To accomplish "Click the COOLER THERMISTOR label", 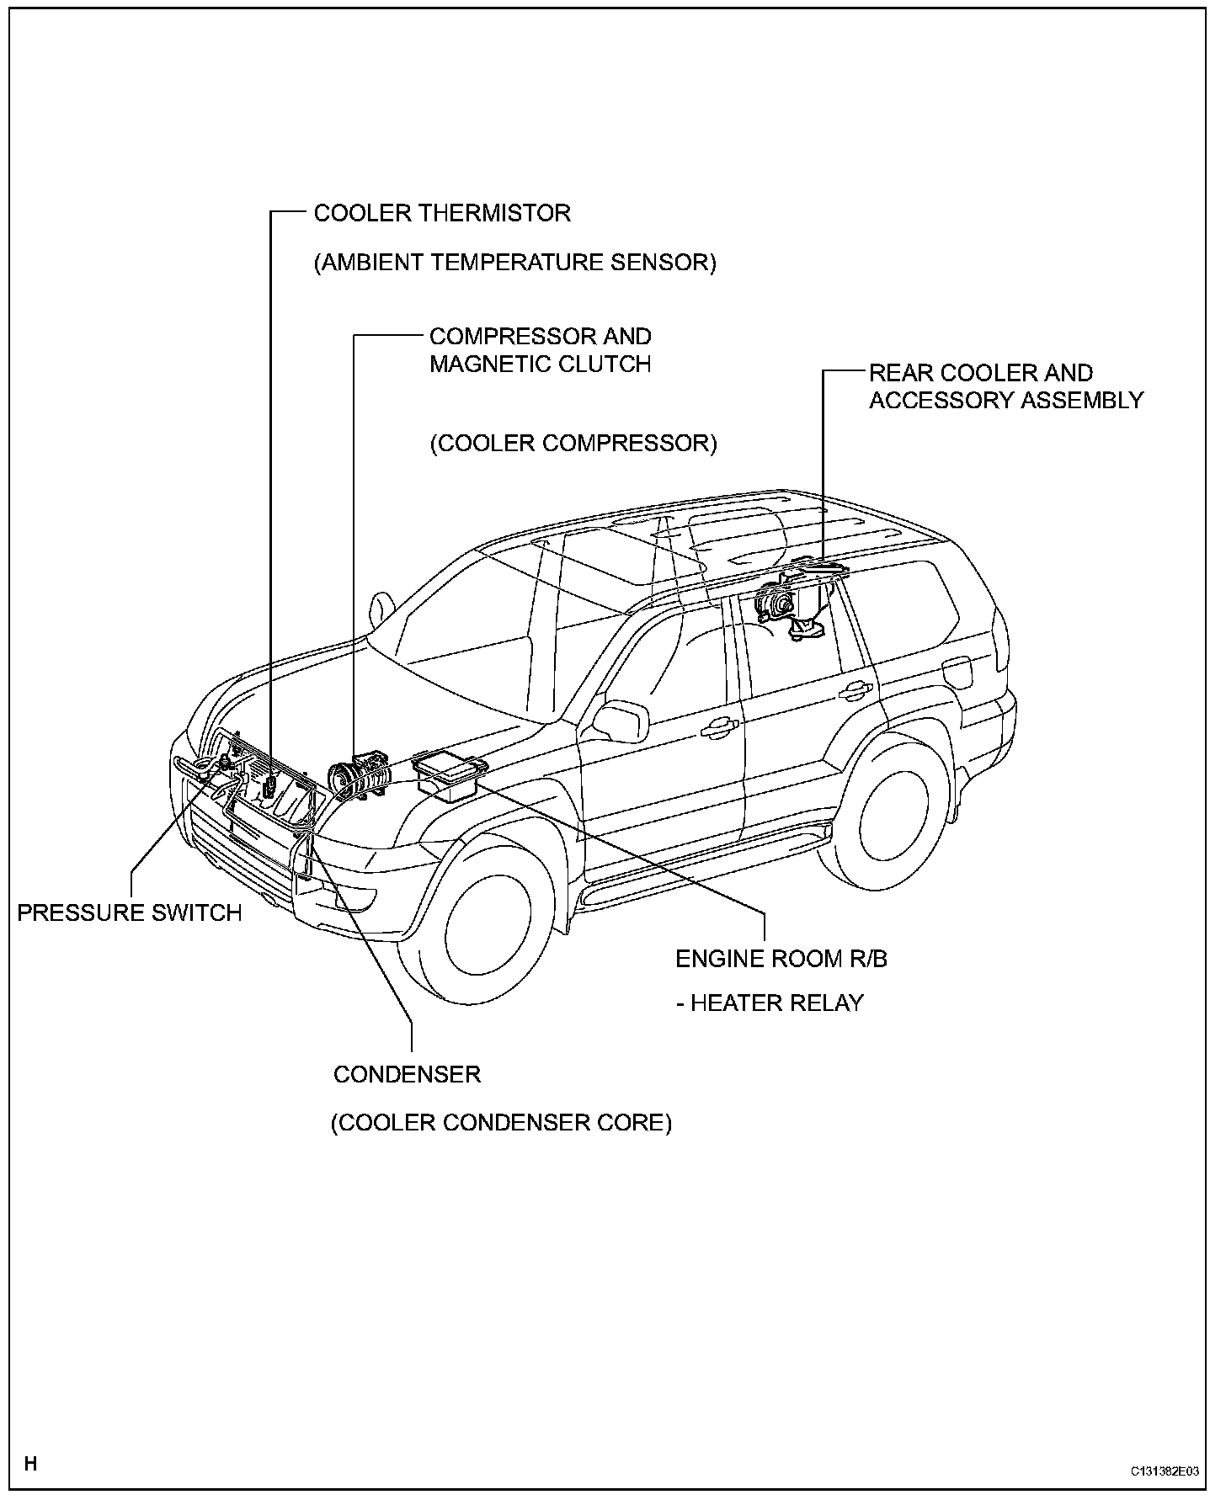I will tap(442, 213).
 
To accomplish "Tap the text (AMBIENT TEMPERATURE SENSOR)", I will tap(514, 263).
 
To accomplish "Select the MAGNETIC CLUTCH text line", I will tap(540, 364).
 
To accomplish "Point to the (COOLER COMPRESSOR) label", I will tap(573, 444).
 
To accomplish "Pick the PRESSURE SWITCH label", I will tap(130, 912).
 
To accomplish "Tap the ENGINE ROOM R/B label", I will tap(781, 959).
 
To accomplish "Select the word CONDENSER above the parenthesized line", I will tap(407, 1074).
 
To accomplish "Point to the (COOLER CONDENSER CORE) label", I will tap(501, 1123).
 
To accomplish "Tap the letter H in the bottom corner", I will tap(30, 1464).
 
